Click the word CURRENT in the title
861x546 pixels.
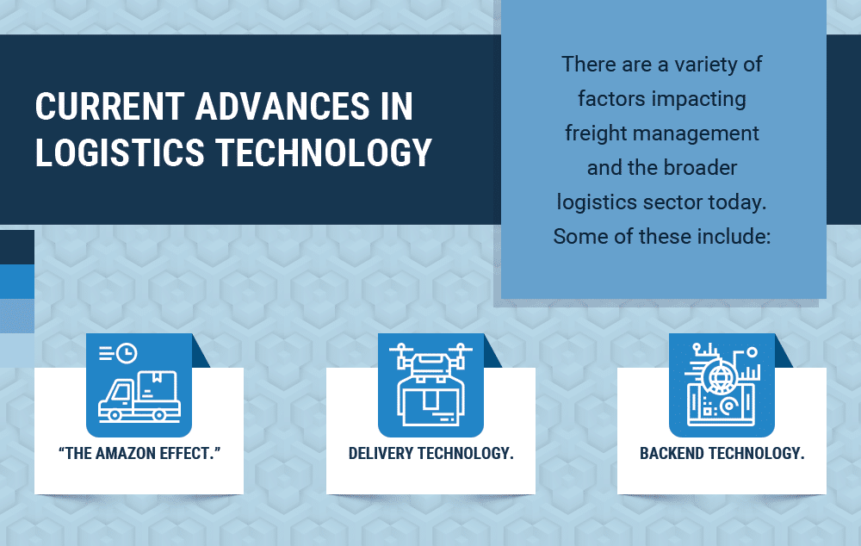click(110, 106)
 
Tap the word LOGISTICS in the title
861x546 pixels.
click(120, 152)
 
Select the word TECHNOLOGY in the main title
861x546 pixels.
click(324, 152)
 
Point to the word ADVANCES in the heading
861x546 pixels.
click(282, 106)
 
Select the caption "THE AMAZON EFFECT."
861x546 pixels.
click(139, 453)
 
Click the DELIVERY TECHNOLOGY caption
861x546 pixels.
click(431, 453)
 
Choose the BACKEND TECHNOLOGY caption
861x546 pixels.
click(722, 453)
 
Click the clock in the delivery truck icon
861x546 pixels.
click(127, 352)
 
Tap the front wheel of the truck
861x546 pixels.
click(115, 415)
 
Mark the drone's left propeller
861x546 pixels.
click(401, 347)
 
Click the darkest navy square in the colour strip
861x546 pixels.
click(17, 247)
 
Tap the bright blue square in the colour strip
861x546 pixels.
click(17, 282)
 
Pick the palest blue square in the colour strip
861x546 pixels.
click(17, 351)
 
